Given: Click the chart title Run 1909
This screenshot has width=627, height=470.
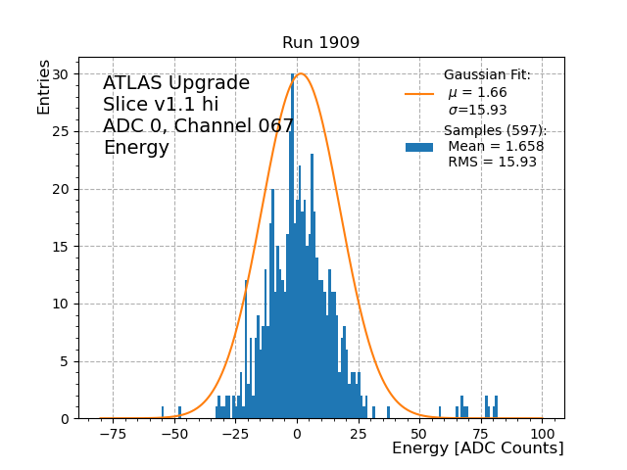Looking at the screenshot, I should (x=320, y=43).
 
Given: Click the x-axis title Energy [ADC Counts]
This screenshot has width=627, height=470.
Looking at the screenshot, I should (x=477, y=448).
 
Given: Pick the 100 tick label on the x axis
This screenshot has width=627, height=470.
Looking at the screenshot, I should (x=543, y=433).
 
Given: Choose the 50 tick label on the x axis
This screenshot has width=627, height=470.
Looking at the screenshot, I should (x=419, y=433).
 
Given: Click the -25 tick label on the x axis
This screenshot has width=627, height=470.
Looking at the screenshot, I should (x=235, y=433).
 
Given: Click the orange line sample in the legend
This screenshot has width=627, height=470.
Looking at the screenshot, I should (x=419, y=94).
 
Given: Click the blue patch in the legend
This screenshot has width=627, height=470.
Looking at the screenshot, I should (x=419, y=147).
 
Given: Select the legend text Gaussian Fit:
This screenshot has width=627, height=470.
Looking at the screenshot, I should (x=487, y=75).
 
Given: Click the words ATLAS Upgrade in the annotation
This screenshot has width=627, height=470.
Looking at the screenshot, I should (x=176, y=84).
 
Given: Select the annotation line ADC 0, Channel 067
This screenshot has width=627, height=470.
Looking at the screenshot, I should (x=198, y=126).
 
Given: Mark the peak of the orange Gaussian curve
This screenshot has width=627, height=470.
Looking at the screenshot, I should (x=301, y=74).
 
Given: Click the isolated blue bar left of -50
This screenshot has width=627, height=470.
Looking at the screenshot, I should (x=163, y=412).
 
